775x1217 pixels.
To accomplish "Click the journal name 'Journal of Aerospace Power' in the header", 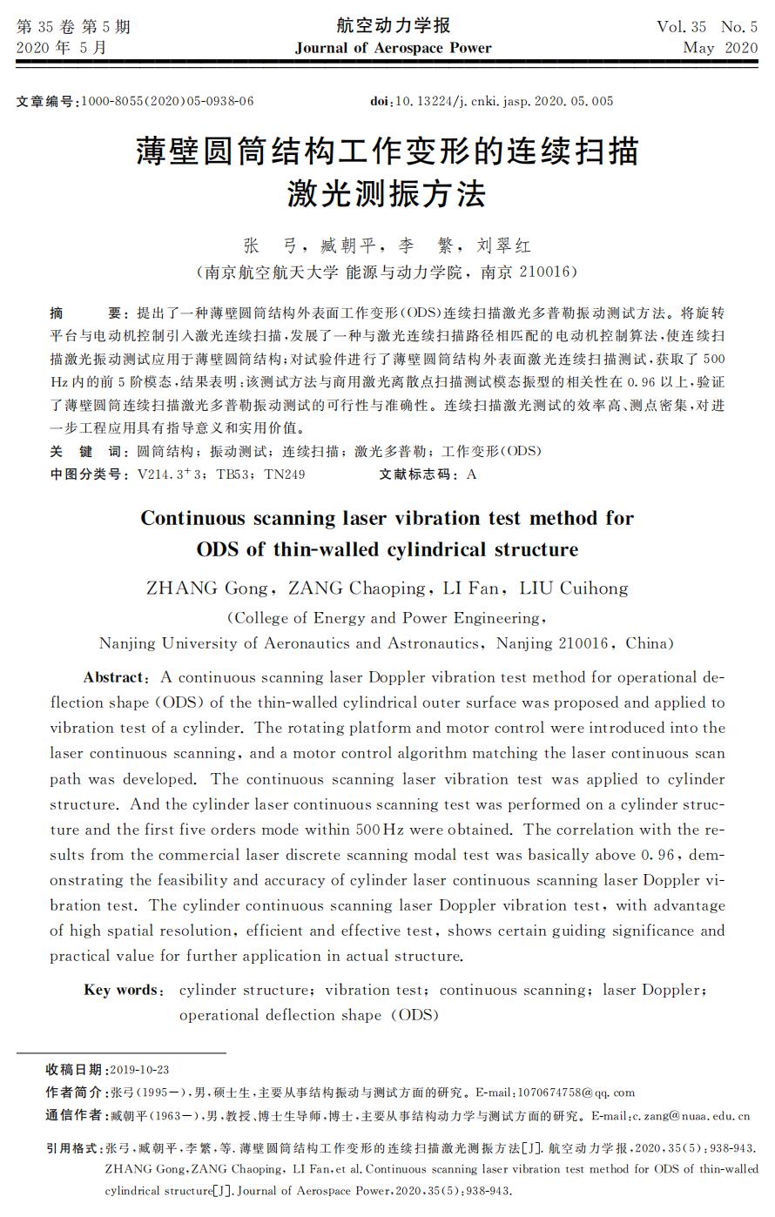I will point(393,48).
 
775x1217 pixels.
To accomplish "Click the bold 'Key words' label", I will point(122,990).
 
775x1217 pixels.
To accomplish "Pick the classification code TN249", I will point(285,474).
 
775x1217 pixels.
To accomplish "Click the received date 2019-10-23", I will point(140,1069).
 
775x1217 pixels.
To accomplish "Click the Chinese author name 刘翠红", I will point(504,246).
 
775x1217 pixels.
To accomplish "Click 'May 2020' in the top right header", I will point(720,49).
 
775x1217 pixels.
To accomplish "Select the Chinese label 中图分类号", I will point(85,474).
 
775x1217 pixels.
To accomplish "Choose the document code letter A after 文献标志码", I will point(472,474).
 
